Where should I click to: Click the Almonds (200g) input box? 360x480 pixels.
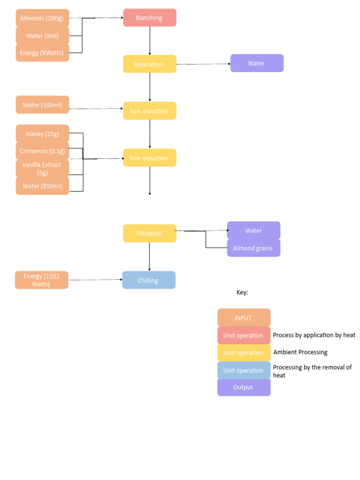[x=42, y=18]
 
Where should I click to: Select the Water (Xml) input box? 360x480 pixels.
[x=42, y=36]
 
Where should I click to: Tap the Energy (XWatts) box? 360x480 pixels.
[x=42, y=53]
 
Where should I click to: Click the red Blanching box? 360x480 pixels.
[x=150, y=18]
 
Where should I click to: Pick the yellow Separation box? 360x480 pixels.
[x=150, y=64]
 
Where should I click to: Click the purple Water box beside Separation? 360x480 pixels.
[x=256, y=63]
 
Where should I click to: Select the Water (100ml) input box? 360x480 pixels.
[x=42, y=105]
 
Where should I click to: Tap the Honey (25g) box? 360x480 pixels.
[x=42, y=134]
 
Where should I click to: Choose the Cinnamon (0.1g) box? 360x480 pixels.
[x=42, y=151]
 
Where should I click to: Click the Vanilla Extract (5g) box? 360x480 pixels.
[x=42, y=169]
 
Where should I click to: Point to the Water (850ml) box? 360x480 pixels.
[x=42, y=186]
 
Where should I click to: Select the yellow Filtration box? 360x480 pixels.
[x=150, y=233]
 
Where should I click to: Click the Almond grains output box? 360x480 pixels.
[x=253, y=248]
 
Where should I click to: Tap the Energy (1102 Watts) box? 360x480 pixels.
[x=42, y=280]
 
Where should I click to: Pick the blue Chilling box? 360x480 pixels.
[x=149, y=280]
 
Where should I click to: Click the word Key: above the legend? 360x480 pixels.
[x=242, y=292]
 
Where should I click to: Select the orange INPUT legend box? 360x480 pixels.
[x=244, y=318]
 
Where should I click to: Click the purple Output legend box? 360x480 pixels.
[x=244, y=387]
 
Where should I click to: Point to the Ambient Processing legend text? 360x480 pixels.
[x=300, y=352]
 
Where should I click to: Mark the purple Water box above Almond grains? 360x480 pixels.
[x=254, y=231]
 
